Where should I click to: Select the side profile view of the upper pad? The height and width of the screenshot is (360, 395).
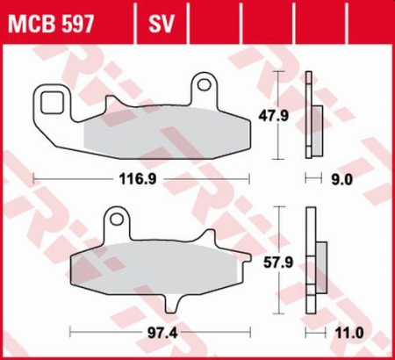tap(309, 114)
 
